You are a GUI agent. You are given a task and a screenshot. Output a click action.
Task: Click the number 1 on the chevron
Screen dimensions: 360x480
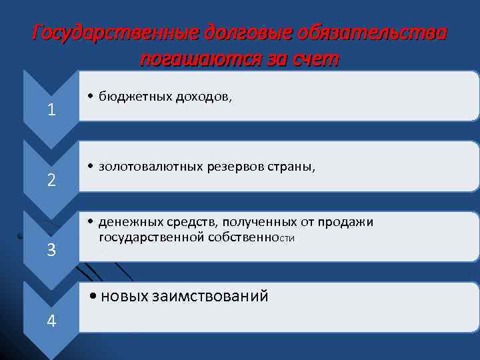coord(51,109)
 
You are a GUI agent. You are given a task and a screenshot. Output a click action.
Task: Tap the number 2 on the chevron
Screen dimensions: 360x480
coord(51,179)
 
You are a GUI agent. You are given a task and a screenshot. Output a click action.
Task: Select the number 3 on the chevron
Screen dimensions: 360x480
coord(51,250)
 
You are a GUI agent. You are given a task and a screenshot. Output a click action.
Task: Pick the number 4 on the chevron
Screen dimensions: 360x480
coord(51,321)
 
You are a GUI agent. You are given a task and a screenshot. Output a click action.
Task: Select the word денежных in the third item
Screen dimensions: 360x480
coord(127,222)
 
